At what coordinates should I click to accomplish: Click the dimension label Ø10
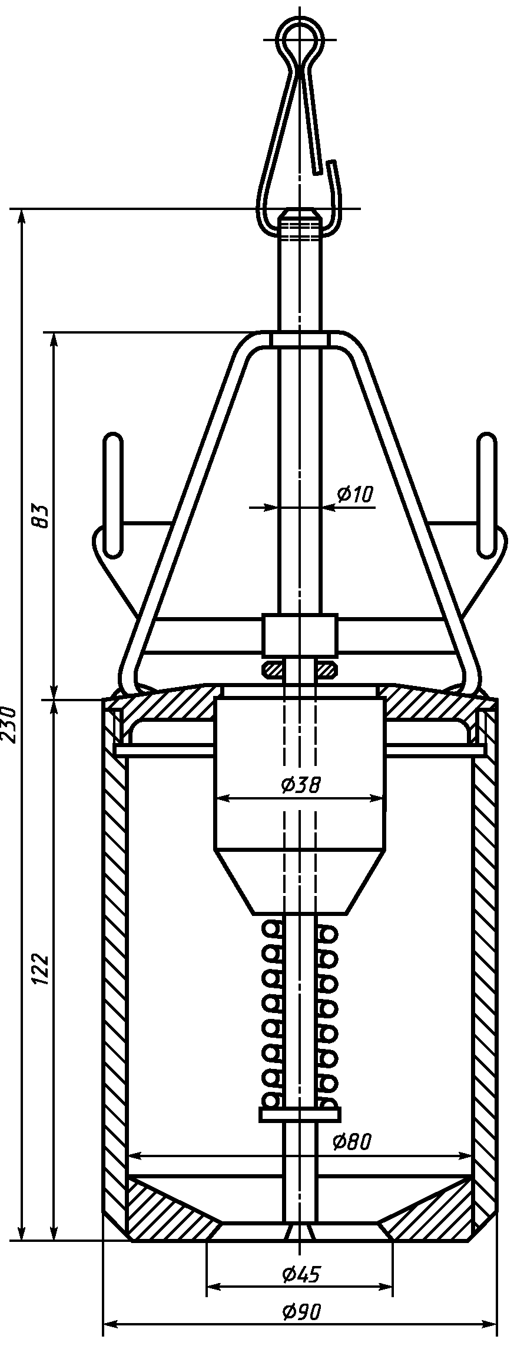point(355,494)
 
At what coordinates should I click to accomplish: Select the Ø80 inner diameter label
point(351,1158)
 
